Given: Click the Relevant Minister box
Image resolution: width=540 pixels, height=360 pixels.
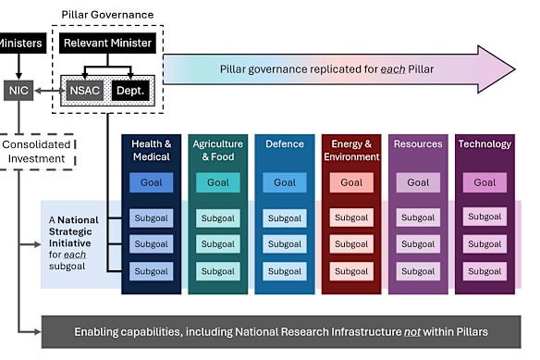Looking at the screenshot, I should [108, 43].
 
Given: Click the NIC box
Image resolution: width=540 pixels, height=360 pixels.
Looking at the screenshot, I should [18, 91].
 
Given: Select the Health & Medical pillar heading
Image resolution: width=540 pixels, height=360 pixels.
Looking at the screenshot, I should [152, 150].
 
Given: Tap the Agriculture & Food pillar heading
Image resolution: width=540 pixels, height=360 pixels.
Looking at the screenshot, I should [218, 150].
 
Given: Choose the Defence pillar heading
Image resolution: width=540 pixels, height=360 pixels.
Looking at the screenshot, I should [285, 144].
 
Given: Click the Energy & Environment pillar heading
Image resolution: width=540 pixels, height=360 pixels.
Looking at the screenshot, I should [351, 150].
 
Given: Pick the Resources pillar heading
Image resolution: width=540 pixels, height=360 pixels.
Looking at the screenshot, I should [418, 144].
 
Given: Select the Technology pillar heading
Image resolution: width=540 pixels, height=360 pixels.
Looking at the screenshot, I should [485, 144].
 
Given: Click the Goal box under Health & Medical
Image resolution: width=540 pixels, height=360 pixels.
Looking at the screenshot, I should [152, 182].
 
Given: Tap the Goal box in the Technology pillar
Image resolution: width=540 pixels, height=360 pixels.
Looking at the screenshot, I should [485, 182].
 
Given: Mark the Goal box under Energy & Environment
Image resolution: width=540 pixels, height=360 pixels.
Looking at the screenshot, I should [351, 182].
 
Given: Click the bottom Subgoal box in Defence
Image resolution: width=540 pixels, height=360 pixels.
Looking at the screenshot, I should [285, 271].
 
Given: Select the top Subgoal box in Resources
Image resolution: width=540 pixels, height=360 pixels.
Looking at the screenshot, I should [418, 218].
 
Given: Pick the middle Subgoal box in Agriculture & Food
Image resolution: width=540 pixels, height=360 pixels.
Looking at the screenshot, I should [218, 244].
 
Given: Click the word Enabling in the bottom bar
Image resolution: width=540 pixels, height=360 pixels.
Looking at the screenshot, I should [101, 331].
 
